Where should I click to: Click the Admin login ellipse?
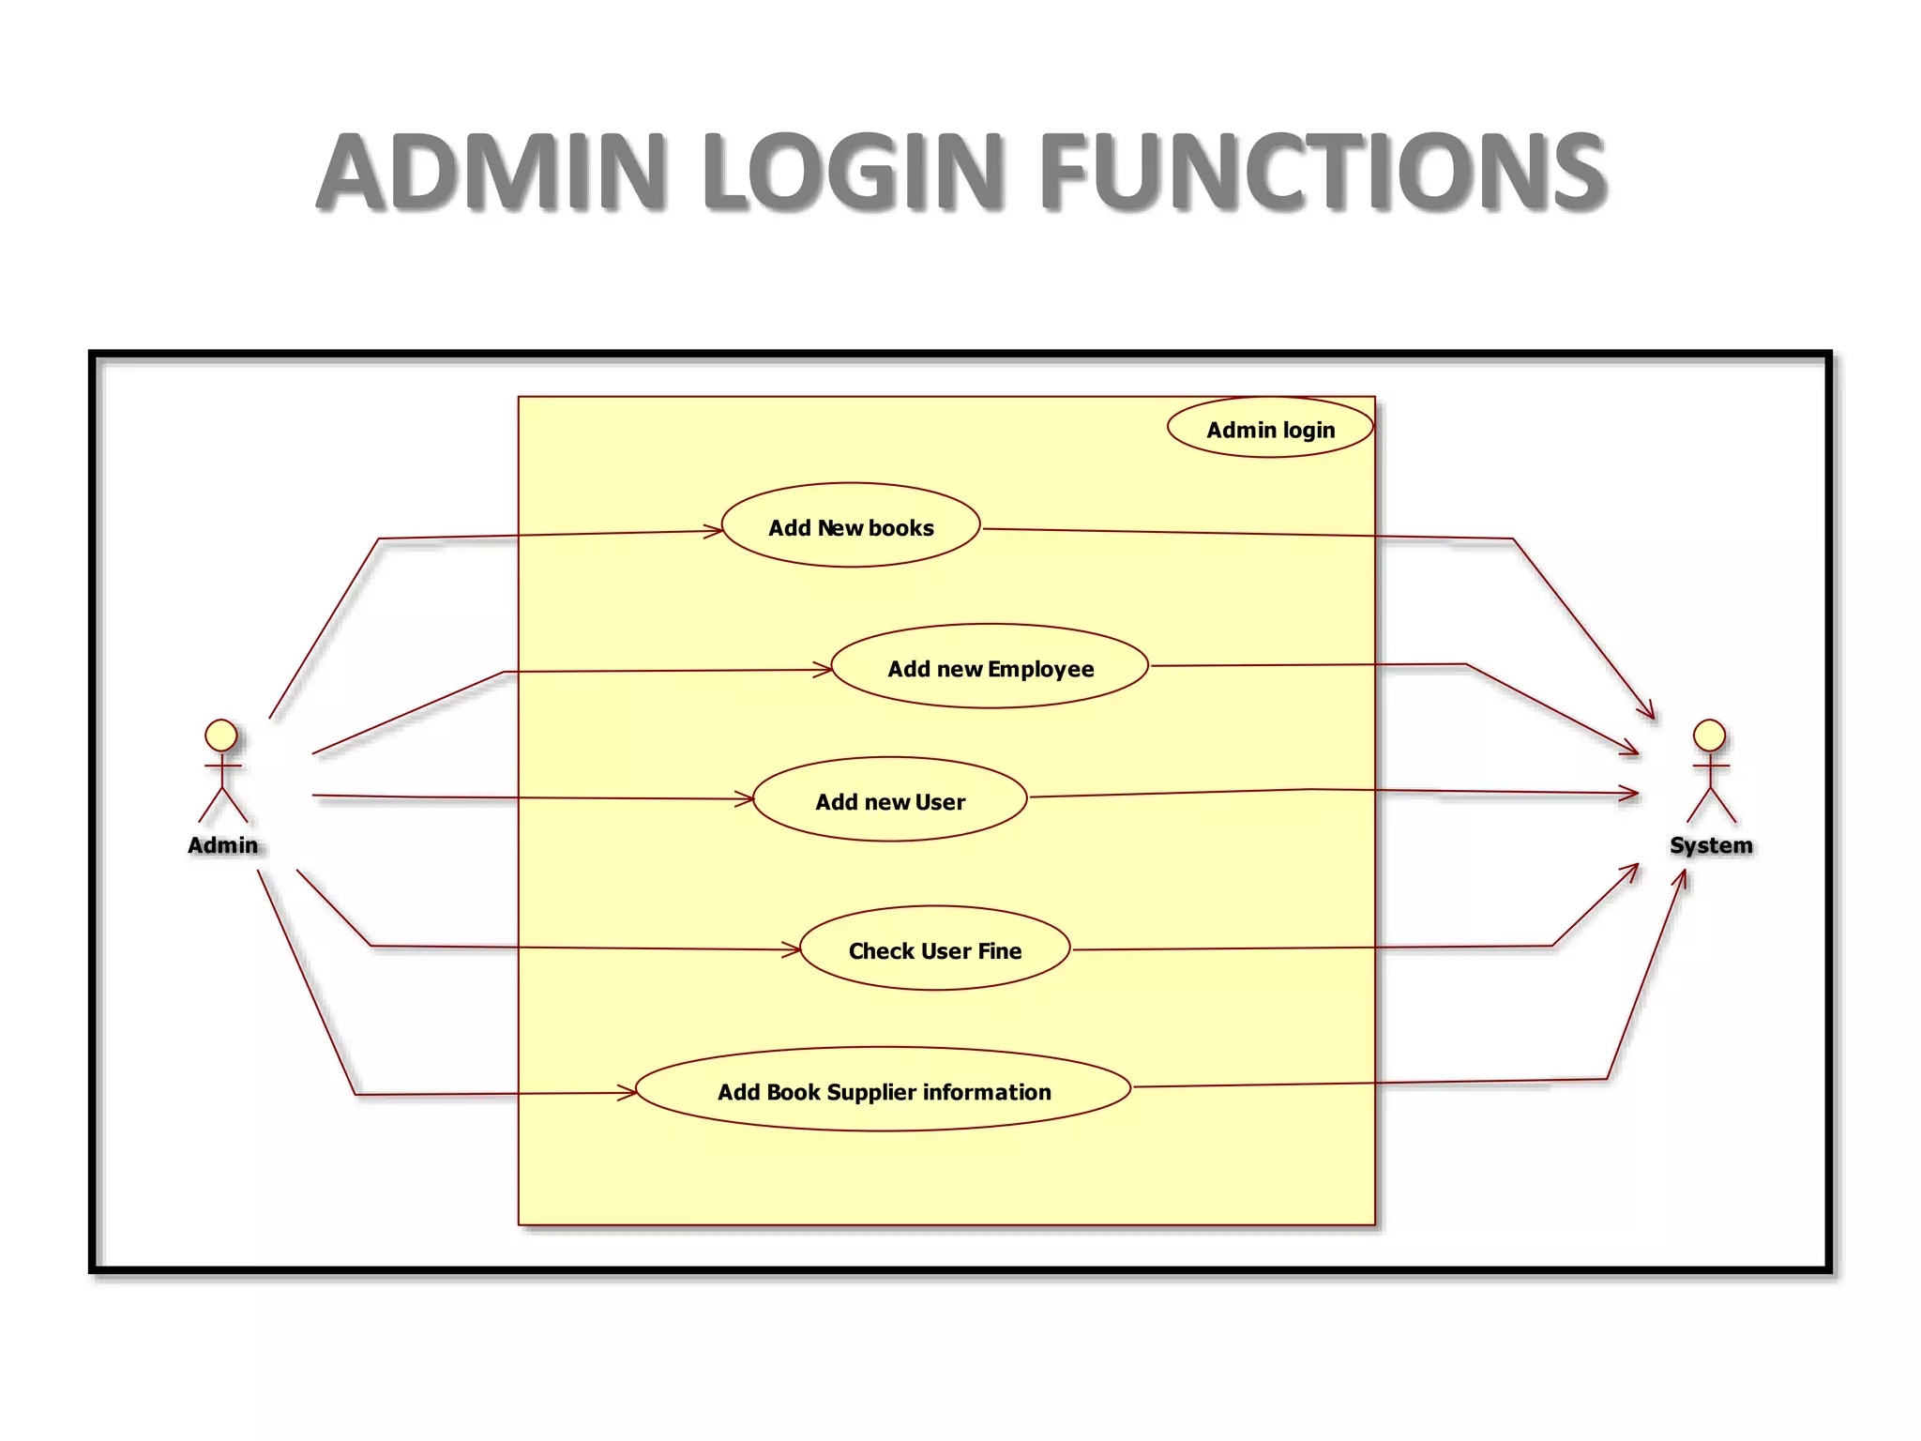click(x=1270, y=429)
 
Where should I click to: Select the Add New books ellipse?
click(x=851, y=526)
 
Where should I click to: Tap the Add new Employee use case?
click(x=990, y=667)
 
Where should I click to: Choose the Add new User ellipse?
click(x=889, y=800)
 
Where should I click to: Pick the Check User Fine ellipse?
click(x=934, y=949)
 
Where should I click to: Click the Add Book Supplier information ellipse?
click(x=883, y=1090)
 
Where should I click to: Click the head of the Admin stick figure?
click(x=221, y=735)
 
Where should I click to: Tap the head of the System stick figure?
click(x=1709, y=735)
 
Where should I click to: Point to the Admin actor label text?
click(x=222, y=845)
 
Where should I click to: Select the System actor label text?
click(x=1710, y=845)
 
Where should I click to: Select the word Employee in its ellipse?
click(x=1040, y=669)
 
